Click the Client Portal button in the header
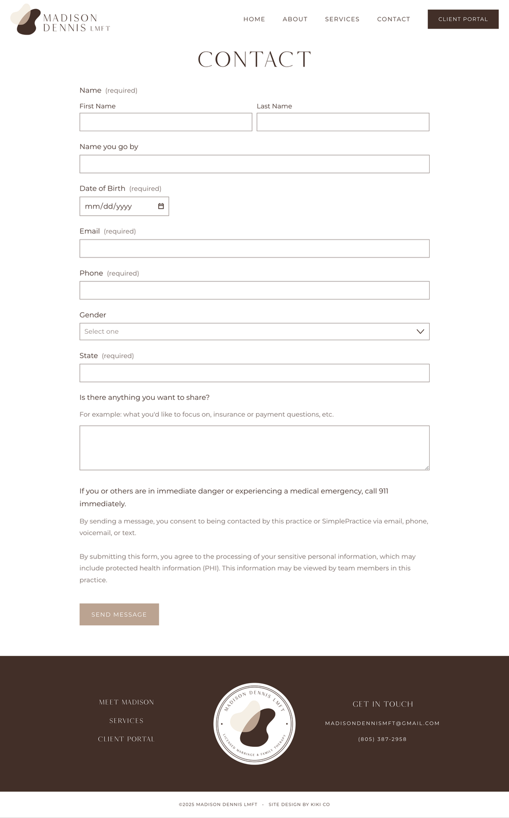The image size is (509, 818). click(x=463, y=19)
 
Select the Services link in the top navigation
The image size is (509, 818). click(x=342, y=19)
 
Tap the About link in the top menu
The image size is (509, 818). click(x=295, y=19)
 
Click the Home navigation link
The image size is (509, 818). click(x=254, y=19)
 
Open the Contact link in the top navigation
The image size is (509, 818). click(x=393, y=19)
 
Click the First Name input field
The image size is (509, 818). click(x=165, y=122)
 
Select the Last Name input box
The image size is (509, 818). click(x=343, y=122)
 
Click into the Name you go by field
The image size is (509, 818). click(x=254, y=164)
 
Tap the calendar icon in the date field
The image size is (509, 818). click(x=161, y=206)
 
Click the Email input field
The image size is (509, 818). click(x=254, y=248)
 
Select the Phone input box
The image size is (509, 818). click(x=254, y=290)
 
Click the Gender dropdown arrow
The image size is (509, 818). click(x=420, y=332)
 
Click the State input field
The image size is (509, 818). click(x=254, y=373)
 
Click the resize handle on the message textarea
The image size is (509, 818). click(x=427, y=468)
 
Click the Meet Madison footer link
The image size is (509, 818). click(x=126, y=702)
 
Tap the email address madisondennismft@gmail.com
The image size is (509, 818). click(x=382, y=723)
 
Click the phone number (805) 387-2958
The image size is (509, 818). click(x=382, y=739)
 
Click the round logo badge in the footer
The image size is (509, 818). click(x=254, y=723)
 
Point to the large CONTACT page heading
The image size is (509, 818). click(x=254, y=60)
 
